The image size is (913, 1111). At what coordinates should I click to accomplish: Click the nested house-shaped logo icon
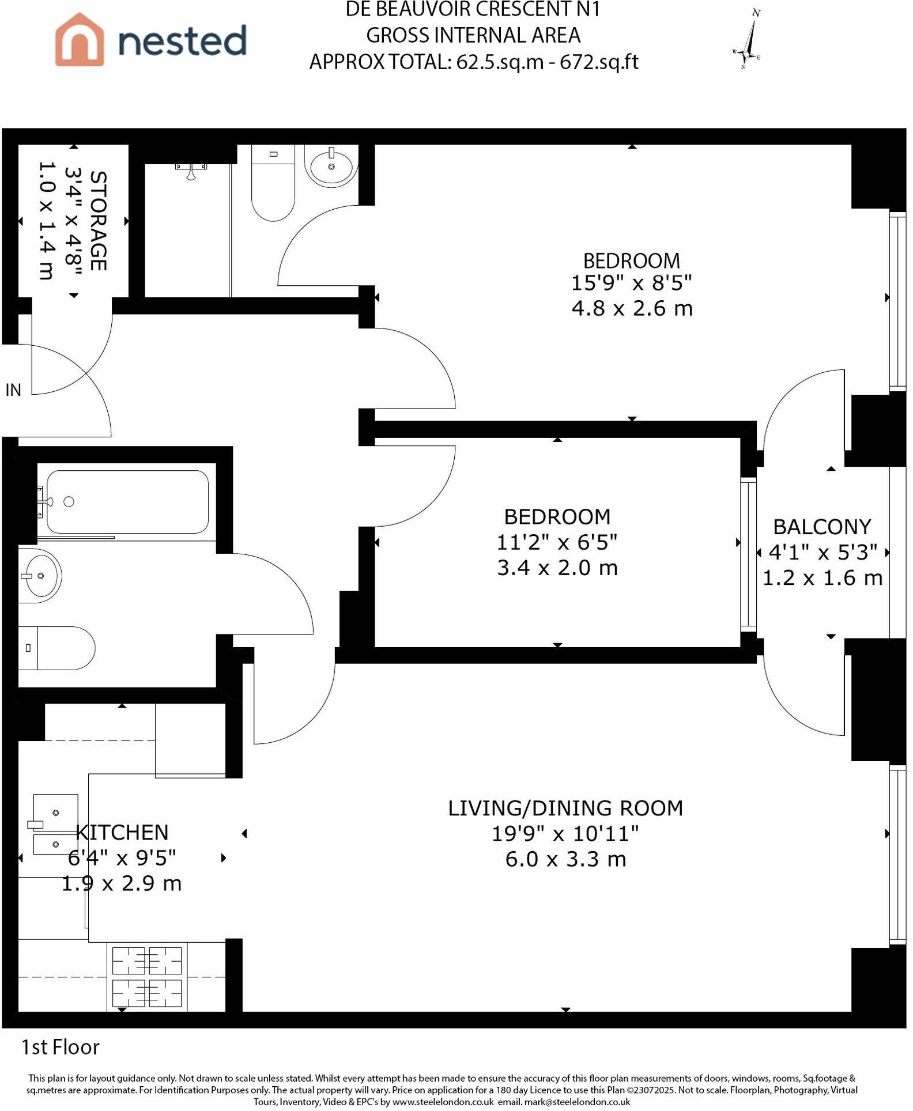click(80, 40)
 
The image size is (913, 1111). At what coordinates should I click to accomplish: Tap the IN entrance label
click(13, 390)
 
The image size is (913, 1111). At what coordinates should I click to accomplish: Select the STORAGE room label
click(98, 221)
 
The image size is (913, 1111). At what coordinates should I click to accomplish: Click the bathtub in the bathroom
click(127, 502)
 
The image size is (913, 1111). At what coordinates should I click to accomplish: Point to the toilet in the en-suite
click(273, 184)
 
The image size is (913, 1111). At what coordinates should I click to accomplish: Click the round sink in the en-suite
click(331, 166)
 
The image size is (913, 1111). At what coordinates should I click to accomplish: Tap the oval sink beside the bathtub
click(39, 576)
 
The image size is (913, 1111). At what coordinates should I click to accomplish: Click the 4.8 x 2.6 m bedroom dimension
click(632, 309)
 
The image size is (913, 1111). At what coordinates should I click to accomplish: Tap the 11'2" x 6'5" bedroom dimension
click(556, 542)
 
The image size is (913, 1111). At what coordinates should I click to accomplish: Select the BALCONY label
click(821, 527)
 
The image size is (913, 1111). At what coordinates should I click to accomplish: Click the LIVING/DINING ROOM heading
click(565, 808)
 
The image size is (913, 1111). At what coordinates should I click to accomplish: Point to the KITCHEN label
click(122, 832)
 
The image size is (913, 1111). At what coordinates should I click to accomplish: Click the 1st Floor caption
click(61, 1047)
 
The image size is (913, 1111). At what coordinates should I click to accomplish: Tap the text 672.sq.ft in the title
click(599, 62)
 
